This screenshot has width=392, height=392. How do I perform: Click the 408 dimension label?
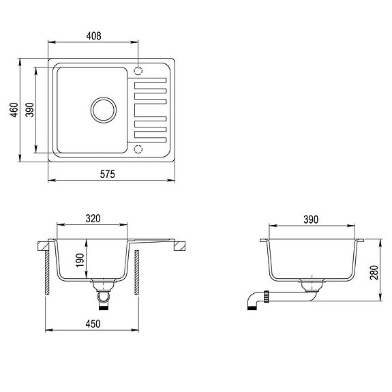[x=93, y=36]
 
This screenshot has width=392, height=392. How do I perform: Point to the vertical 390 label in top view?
[x=29, y=110]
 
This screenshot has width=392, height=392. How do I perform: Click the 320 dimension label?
[x=93, y=219]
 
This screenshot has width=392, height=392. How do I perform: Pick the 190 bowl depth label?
[x=79, y=259]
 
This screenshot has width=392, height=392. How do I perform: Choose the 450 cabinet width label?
[x=93, y=324]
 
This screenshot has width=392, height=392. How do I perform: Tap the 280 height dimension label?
[x=374, y=273]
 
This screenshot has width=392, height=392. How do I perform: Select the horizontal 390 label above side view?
[x=311, y=219]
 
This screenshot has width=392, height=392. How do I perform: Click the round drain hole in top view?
[x=104, y=109]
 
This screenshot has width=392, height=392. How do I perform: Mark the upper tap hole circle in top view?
[x=138, y=70]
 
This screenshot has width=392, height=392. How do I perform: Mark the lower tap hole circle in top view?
[x=138, y=149]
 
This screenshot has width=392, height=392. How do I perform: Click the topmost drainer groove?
[x=151, y=85]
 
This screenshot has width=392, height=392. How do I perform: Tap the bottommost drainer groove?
[x=151, y=134]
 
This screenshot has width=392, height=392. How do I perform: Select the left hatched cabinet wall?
[x=47, y=273]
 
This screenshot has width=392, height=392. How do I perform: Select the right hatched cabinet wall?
[x=136, y=273]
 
